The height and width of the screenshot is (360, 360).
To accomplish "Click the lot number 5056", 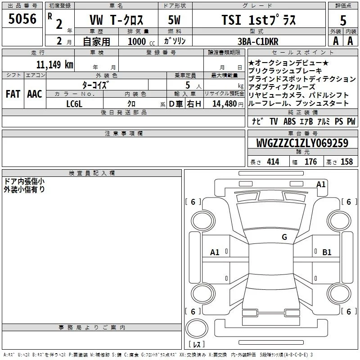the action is [x=22, y=19].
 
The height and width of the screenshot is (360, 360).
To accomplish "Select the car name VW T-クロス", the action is [x=117, y=20].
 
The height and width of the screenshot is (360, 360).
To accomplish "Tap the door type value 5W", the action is [x=175, y=20].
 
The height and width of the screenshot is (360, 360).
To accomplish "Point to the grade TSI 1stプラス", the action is [x=259, y=20].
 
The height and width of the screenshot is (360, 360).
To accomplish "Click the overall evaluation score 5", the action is [x=343, y=21].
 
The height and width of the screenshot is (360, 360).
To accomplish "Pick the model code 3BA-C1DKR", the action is [x=258, y=41].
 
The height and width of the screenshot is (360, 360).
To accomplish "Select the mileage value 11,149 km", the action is [x=55, y=64].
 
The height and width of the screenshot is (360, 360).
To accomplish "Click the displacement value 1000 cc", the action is [x=141, y=41].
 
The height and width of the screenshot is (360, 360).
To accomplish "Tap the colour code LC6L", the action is [x=74, y=104].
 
